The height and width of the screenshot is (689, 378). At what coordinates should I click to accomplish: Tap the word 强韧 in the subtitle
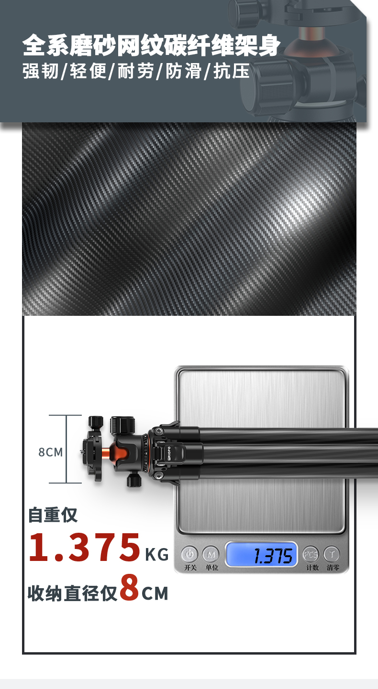40,71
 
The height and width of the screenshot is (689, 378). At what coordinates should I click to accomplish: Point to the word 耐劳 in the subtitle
136,71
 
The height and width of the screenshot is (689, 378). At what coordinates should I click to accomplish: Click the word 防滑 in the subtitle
184,71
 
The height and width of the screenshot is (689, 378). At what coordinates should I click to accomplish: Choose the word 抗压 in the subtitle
232,71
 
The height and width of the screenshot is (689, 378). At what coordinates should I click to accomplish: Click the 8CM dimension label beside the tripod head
51,452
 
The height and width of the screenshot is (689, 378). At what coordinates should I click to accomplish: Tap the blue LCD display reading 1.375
262,555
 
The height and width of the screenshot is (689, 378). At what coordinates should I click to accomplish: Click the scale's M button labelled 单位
211,555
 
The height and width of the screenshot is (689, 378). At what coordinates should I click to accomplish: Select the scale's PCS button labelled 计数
311,555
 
